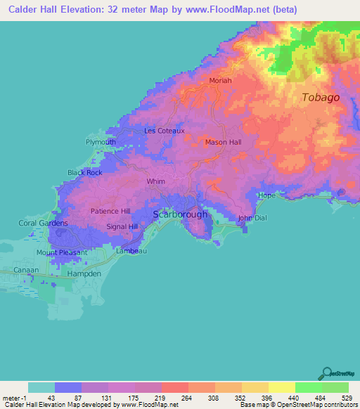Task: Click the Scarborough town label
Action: click(181, 214)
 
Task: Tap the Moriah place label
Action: click(220, 81)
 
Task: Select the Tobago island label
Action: click(321, 97)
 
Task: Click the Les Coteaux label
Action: click(164, 131)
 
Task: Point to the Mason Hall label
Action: click(223, 142)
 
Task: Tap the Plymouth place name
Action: click(101, 142)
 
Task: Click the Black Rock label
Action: click(84, 172)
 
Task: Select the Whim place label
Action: click(155, 181)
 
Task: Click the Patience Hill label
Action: click(110, 211)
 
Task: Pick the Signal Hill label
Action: click(122, 226)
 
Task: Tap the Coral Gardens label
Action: click(43, 223)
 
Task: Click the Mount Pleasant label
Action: click(62, 252)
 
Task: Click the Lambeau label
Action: click(130, 249)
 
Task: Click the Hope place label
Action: click(266, 195)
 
